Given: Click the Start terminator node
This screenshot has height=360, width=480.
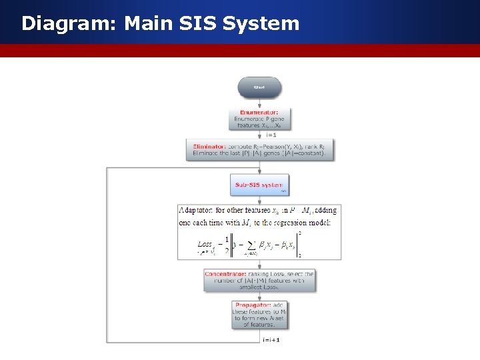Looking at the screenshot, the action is pos(259,87).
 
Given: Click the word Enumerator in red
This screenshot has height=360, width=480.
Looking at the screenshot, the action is pos(259,112).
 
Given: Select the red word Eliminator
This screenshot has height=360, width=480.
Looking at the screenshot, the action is pos(209,146).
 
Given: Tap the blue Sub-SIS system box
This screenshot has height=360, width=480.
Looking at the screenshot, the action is pos(259,185).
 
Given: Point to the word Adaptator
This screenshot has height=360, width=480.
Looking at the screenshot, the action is pos(199,211).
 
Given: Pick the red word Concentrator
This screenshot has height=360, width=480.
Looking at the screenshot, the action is pos(225,274).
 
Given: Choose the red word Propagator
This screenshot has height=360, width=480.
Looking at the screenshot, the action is pos(259,305).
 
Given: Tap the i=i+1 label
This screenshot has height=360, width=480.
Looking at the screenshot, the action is pos(271,339).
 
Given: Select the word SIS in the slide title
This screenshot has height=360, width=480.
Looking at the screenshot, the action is pos(197,24).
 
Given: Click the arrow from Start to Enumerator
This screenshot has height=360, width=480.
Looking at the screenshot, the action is pos(259,103).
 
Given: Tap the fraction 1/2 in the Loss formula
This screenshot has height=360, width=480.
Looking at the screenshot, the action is pos(227,243).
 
